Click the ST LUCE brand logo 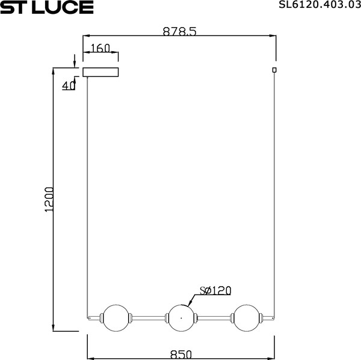tap(47, 7)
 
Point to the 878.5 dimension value tap(179, 32)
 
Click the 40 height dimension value tap(69, 85)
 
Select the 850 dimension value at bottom tap(180, 355)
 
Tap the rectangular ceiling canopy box tap(100, 73)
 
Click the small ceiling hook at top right tap(275, 70)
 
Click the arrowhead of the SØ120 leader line tap(190, 303)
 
